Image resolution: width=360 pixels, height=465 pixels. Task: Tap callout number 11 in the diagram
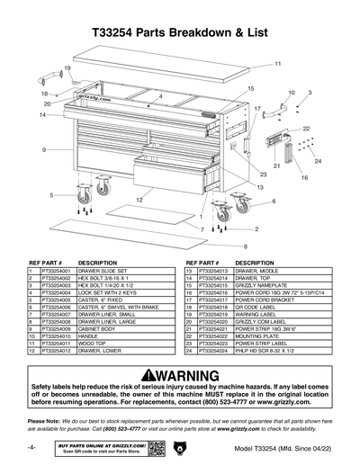278,64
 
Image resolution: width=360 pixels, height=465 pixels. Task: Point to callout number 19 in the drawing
67,68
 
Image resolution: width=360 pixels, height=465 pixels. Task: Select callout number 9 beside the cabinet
42,148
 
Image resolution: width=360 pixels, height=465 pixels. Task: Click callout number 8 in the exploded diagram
244,246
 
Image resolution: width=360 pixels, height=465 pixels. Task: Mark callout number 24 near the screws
318,161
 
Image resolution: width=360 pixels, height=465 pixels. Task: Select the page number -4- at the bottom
31,447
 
